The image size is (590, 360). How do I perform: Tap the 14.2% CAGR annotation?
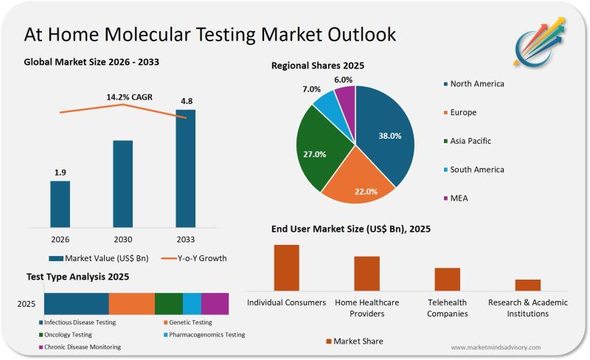click(x=123, y=96)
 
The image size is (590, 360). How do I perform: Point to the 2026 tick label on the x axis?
click(x=60, y=239)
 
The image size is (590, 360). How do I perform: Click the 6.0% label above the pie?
click(x=343, y=80)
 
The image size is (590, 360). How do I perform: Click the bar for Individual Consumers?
click(x=287, y=268)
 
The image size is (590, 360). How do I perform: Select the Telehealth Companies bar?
click(x=447, y=279)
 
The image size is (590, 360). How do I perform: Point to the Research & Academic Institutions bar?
click(x=528, y=285)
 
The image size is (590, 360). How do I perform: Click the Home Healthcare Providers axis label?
click(x=367, y=308)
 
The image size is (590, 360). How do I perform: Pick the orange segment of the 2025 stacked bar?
click(x=132, y=303)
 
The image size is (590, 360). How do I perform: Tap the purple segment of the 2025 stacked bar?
click(x=215, y=303)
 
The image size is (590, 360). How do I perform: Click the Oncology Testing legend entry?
click(x=67, y=334)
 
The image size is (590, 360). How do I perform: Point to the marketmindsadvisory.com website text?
click(x=496, y=347)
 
